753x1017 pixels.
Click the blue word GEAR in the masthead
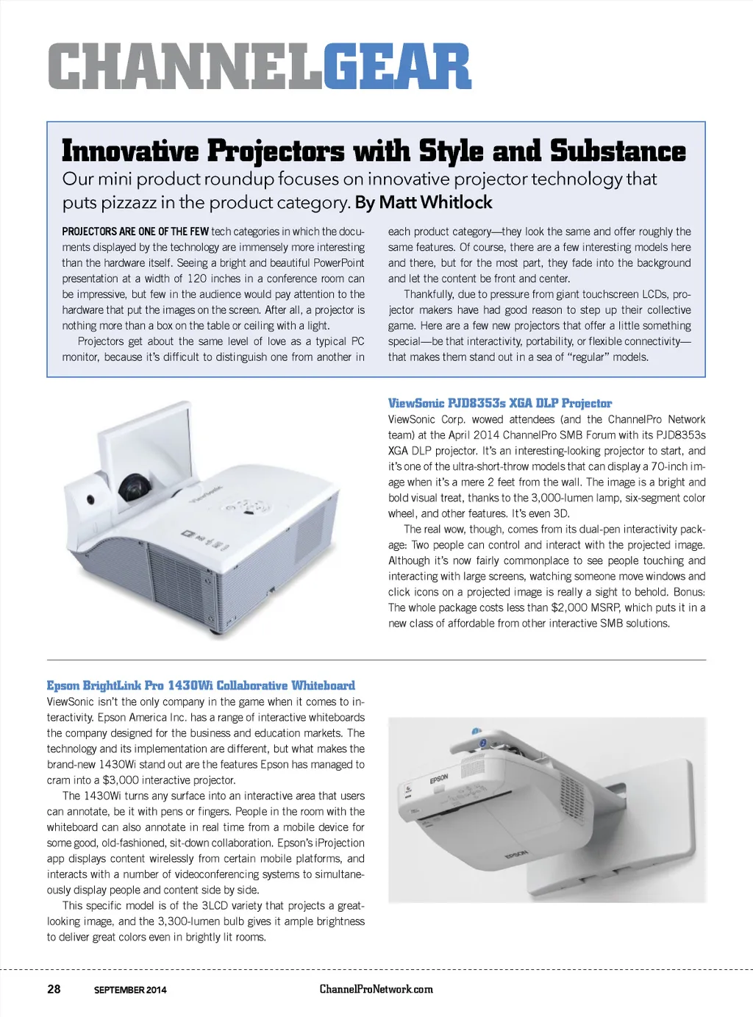pyautogui.click(x=397, y=66)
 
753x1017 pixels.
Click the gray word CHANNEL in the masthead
pyautogui.click(x=186, y=66)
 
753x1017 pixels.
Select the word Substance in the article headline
pyautogui.click(x=618, y=151)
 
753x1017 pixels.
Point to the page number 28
pyautogui.click(x=54, y=989)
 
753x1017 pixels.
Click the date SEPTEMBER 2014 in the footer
pyautogui.click(x=130, y=990)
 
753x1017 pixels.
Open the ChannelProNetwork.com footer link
pyautogui.click(x=376, y=989)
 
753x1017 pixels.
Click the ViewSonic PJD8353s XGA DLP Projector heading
pyautogui.click(x=500, y=403)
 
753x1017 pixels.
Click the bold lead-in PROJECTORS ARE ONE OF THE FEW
pyautogui.click(x=135, y=232)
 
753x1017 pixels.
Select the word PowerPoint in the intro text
pyautogui.click(x=339, y=263)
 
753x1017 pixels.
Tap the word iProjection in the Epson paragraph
pyautogui.click(x=340, y=843)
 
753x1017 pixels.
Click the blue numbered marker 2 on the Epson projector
pyautogui.click(x=483, y=743)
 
